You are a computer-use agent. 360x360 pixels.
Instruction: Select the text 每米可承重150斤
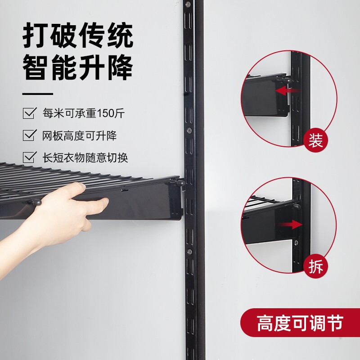(83, 113)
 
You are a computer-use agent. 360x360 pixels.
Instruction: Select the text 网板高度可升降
(79, 135)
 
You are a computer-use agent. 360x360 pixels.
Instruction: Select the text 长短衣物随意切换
(85, 158)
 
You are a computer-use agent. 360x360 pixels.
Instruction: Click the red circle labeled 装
(315, 141)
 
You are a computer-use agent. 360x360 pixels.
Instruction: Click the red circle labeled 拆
(315, 266)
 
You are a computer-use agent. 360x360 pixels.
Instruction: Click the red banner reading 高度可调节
(300, 323)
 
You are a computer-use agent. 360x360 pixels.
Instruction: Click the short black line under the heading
(38, 94)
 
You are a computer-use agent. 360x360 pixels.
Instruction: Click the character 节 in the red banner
(334, 323)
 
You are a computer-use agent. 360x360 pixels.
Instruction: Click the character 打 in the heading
(37, 37)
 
